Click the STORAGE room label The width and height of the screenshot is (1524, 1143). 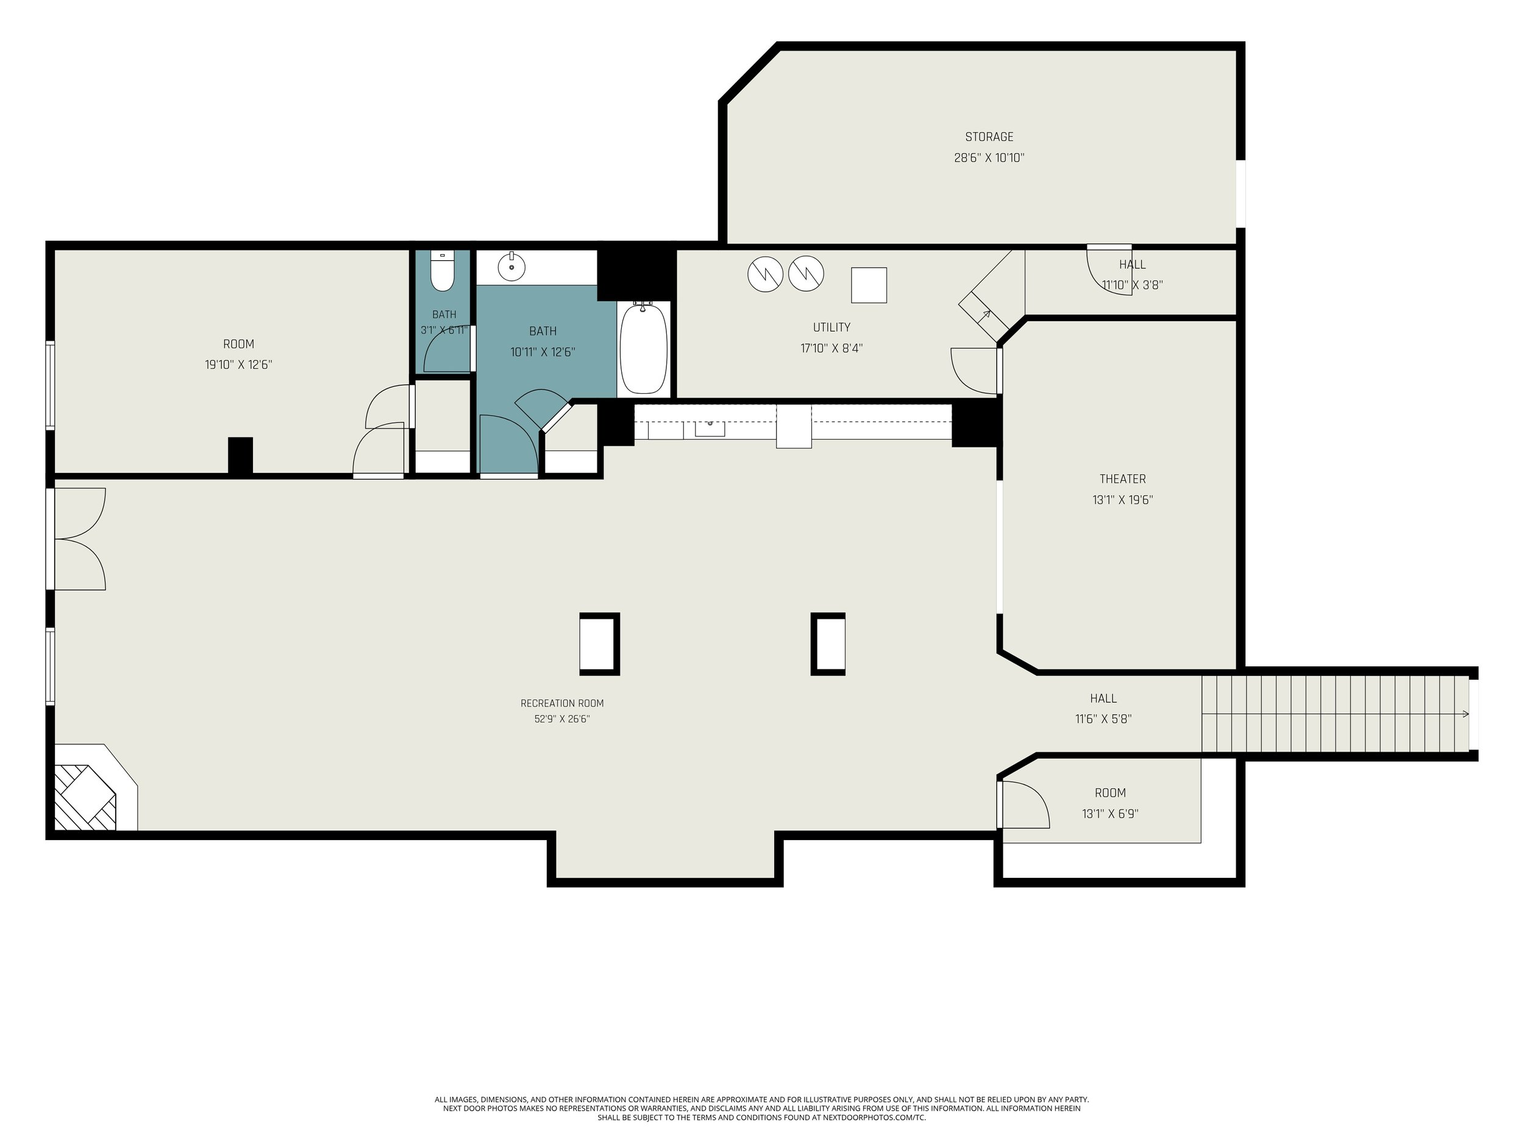[x=989, y=137]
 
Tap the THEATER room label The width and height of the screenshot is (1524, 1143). [x=1122, y=479]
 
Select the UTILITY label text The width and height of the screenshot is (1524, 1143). [x=831, y=327]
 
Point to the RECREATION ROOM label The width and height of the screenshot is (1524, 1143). [x=561, y=703]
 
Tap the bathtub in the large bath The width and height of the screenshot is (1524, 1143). [x=644, y=348]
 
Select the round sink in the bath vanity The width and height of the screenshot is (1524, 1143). [x=511, y=266]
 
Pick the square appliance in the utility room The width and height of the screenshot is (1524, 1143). [x=869, y=285]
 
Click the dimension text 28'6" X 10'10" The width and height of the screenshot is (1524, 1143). [x=989, y=158]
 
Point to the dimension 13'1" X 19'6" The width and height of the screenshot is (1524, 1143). [x=1122, y=500]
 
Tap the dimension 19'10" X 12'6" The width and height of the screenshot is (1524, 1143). [x=238, y=365]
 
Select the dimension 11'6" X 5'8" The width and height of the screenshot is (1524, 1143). [x=1103, y=719]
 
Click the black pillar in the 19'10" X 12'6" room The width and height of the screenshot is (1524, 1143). [x=240, y=455]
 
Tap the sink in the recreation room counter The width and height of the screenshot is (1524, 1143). [x=710, y=428]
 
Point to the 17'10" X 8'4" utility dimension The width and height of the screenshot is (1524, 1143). [x=831, y=349]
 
